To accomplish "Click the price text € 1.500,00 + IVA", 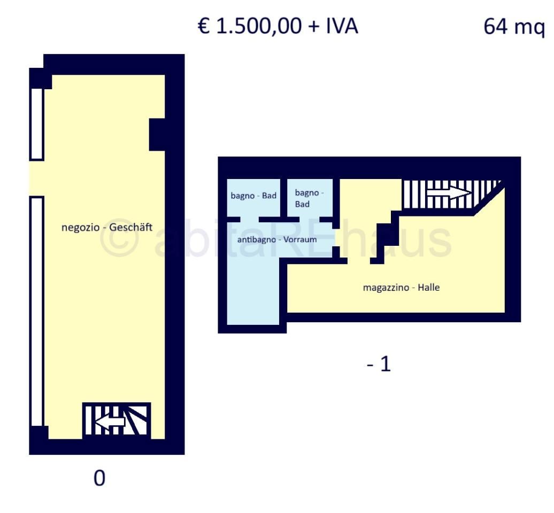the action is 278,26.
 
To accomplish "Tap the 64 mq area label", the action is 514,27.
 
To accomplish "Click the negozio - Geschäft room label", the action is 107,227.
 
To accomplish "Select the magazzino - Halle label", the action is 402,287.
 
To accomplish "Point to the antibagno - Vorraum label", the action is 277,239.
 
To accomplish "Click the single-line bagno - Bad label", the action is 253,196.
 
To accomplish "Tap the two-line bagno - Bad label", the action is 309,198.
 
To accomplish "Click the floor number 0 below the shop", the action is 99,478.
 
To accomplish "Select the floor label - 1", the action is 379,364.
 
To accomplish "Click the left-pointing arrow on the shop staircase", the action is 110,421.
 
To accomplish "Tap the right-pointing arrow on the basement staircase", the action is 449,193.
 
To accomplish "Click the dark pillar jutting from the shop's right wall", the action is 157,135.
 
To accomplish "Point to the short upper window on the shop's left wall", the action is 37,124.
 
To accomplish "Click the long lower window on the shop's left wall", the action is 37,312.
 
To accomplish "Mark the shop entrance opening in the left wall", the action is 36,178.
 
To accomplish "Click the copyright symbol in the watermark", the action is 118,239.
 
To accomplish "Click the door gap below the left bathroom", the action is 249,220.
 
